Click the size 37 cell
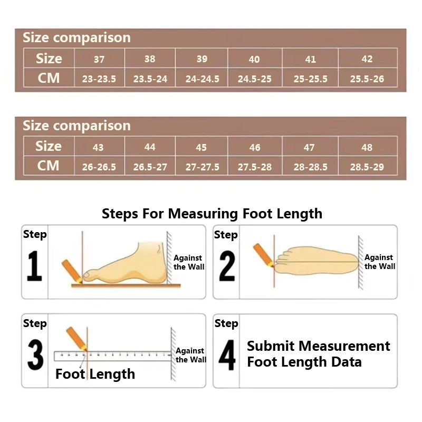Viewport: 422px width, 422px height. [99, 59]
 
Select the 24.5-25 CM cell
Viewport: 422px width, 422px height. [255, 79]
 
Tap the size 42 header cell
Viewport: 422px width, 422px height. [367, 59]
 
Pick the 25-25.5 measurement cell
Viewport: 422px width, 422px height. [310, 79]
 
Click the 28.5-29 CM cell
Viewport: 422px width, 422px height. [367, 167]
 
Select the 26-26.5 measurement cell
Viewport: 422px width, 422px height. [99, 167]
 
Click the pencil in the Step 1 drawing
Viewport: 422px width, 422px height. [71, 271]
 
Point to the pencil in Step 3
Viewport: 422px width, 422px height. [76, 338]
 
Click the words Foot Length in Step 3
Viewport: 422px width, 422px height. [95, 374]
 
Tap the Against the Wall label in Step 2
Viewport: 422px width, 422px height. [379, 262]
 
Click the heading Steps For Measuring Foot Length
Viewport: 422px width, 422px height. [212, 214]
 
